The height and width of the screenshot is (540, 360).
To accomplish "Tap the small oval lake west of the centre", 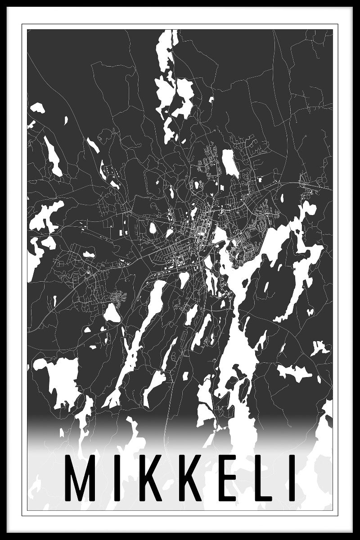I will (153, 228).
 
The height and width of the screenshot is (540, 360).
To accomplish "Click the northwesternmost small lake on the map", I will (37, 108).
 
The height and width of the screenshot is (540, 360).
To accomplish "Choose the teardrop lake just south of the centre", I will (183, 279).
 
